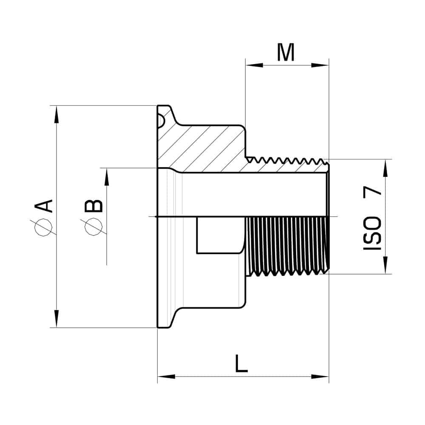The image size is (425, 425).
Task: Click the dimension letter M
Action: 286,52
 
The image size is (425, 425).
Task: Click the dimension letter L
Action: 241,363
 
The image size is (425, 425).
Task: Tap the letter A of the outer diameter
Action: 43,206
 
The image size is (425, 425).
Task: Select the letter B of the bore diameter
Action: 94,206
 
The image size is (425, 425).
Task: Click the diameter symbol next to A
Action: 43,227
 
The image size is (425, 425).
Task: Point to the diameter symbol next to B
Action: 93,227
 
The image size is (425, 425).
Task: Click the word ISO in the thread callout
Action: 372,233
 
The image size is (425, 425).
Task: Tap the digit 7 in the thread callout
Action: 372,195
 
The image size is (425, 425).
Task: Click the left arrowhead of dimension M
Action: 254,65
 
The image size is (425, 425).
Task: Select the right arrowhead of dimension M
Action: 320,65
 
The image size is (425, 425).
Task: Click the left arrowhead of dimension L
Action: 166,377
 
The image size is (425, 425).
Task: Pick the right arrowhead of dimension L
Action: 320,377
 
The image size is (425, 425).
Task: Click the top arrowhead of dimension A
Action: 57,114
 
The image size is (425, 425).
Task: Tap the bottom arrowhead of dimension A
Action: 57,319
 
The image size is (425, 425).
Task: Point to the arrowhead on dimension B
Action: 107,177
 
